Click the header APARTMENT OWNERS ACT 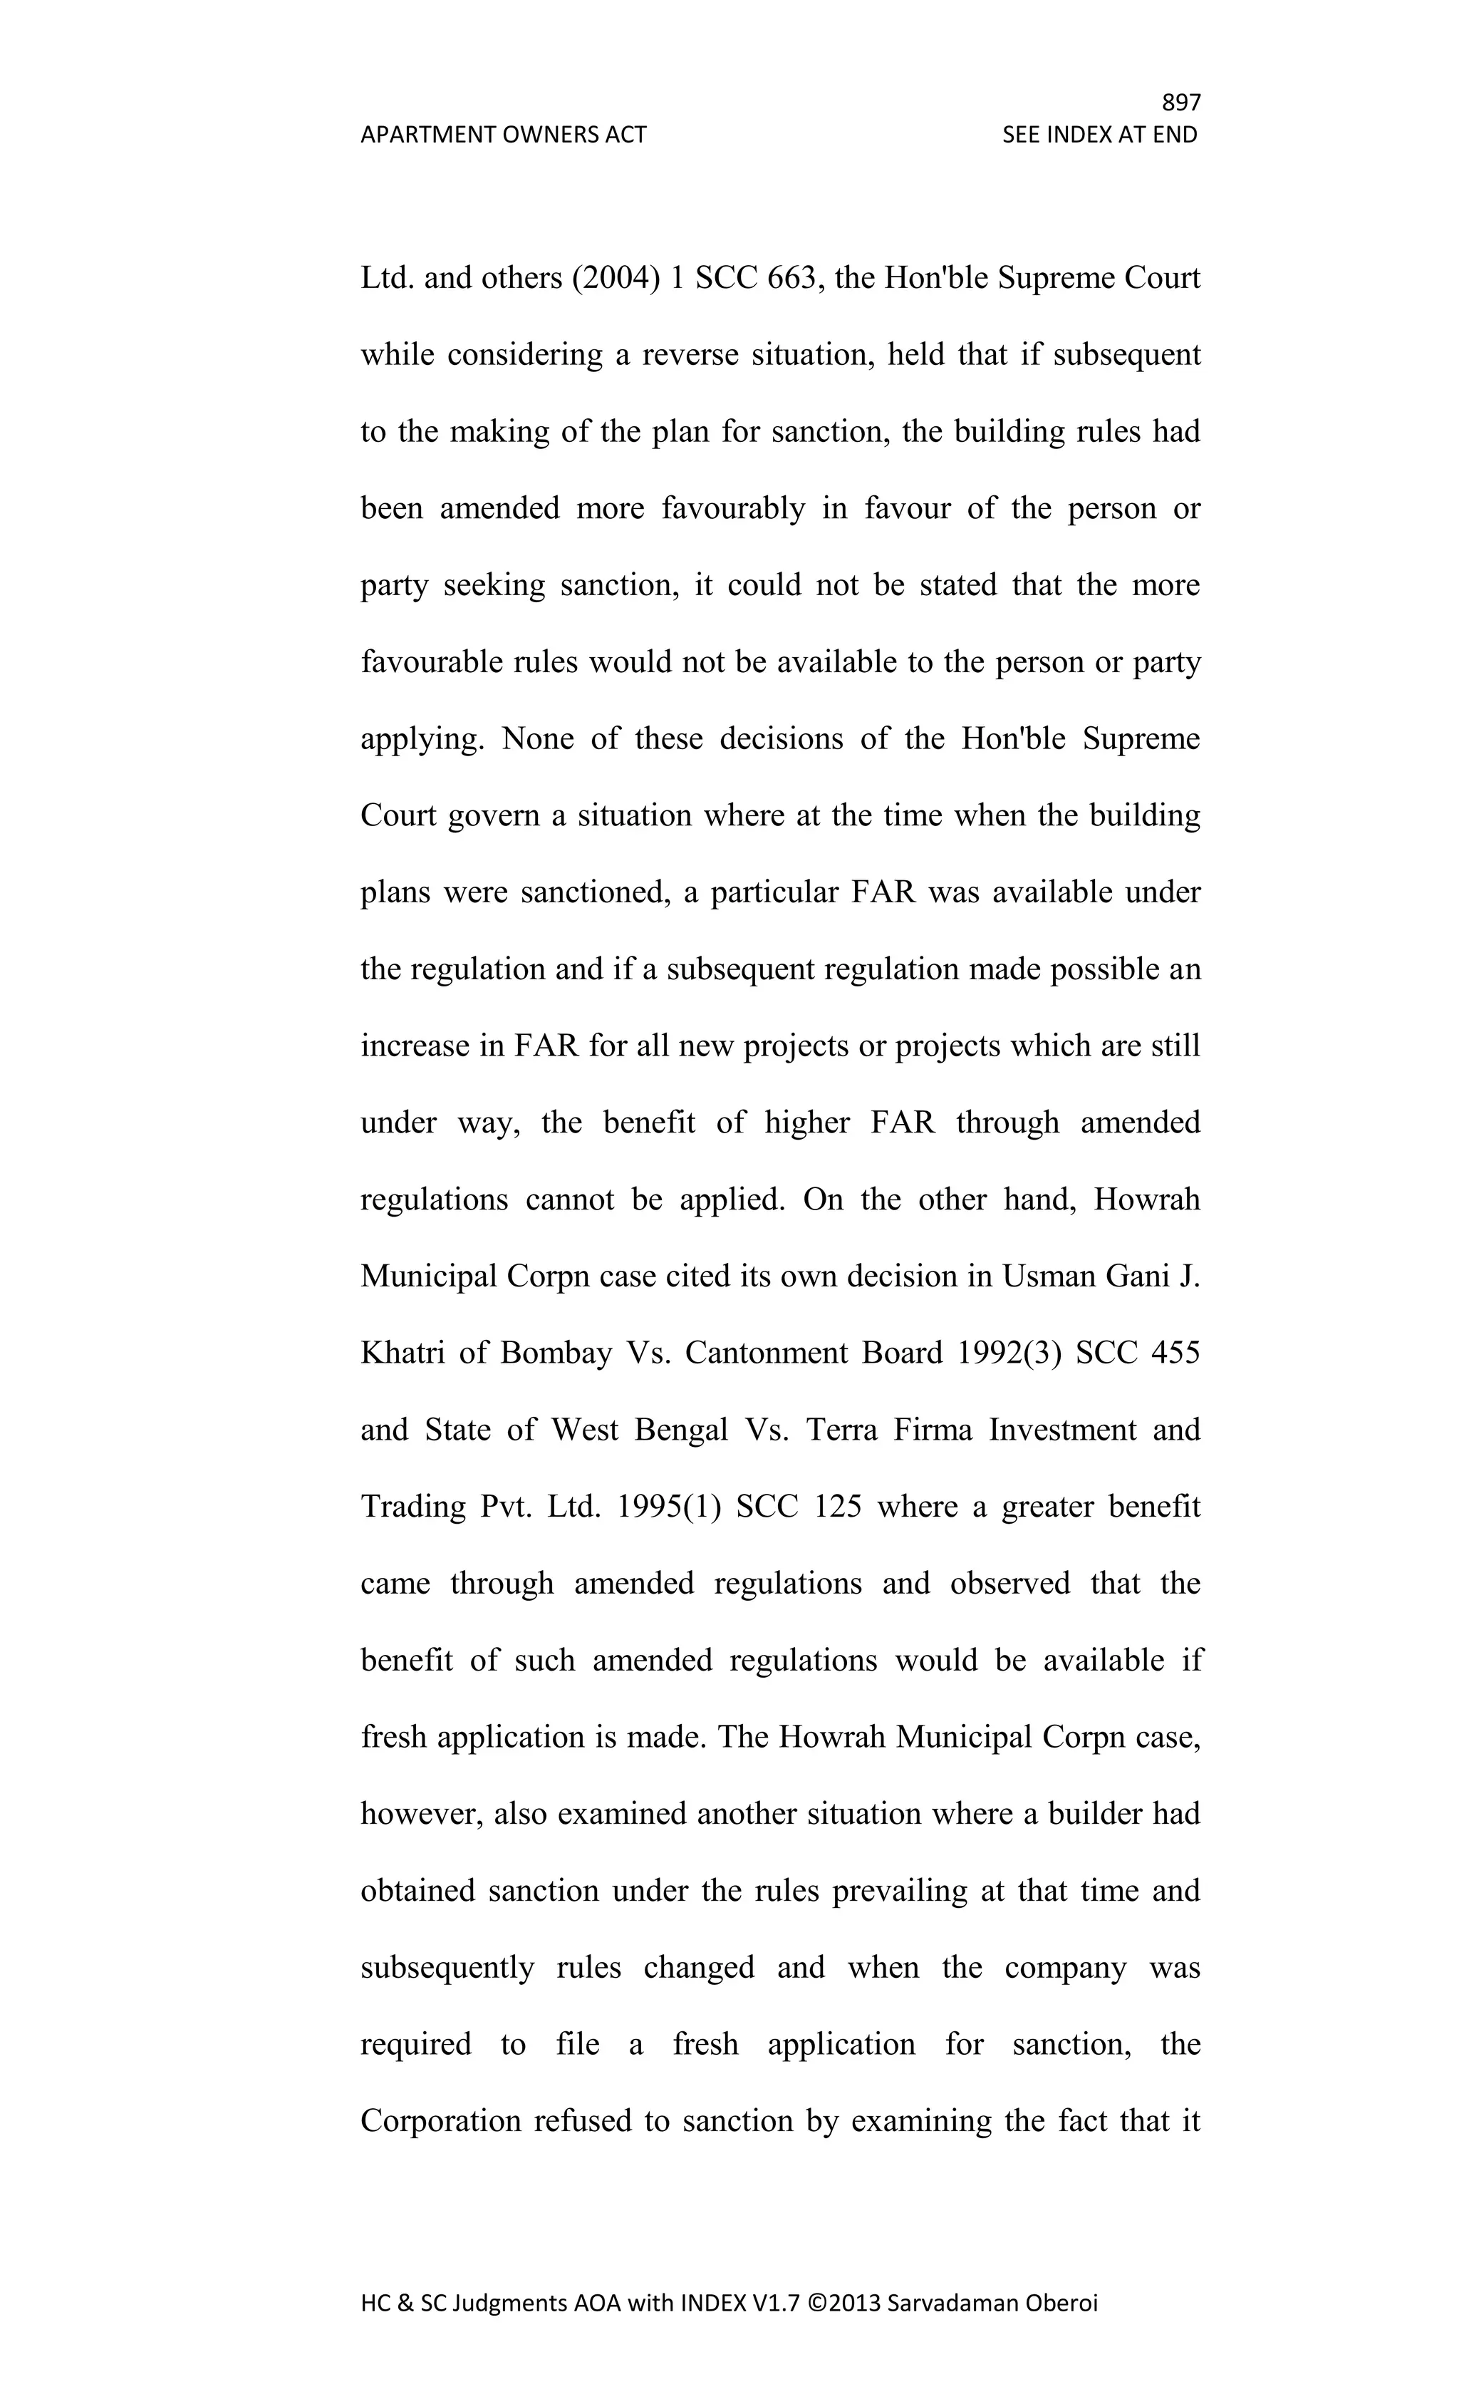(503, 135)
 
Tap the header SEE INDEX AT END (1099, 135)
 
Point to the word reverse (690, 355)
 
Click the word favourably (733, 508)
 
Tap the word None (537, 738)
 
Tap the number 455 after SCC (1175, 1353)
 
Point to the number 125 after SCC (838, 1507)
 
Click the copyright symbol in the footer (816, 2304)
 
